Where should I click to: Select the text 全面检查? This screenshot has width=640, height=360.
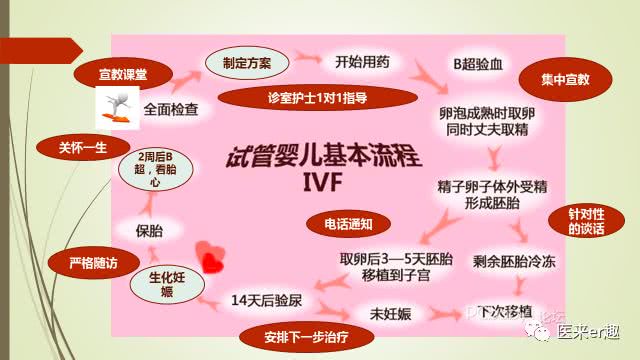pos(172,105)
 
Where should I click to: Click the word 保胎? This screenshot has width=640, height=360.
pos(150,230)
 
